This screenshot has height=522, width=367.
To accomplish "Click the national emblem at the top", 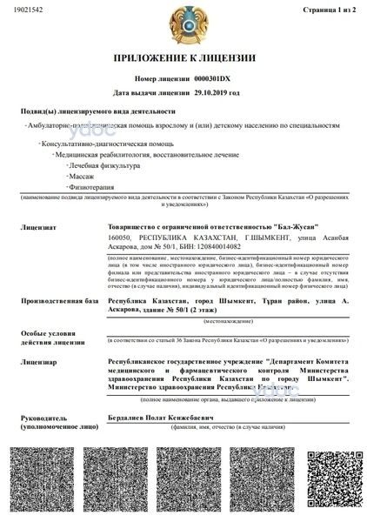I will [x=183, y=20].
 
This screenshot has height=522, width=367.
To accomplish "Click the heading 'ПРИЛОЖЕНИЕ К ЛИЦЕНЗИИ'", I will [x=183, y=57].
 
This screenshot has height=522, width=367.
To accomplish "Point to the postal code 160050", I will [x=119, y=235].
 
